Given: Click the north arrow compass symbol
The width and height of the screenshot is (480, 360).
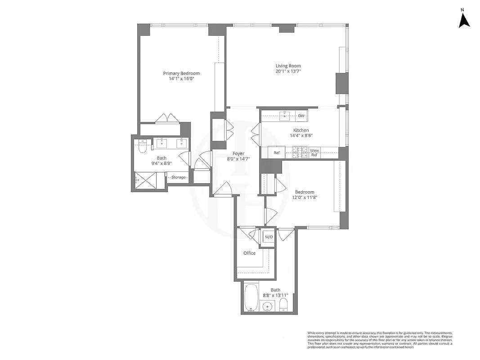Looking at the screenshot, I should click(x=464, y=19).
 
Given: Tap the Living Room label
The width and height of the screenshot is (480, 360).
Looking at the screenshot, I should click(x=288, y=66).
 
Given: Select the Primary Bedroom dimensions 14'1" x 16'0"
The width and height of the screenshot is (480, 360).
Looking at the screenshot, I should click(x=181, y=79).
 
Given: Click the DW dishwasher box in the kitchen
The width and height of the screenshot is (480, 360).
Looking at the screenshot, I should click(x=301, y=116).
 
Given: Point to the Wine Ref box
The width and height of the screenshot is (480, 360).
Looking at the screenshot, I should click(x=314, y=153).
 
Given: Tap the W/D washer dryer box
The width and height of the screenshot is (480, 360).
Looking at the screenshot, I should click(x=269, y=237).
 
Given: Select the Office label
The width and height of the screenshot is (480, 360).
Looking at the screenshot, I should click(x=249, y=253).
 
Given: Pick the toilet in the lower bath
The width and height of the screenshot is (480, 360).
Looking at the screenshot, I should click(x=283, y=307).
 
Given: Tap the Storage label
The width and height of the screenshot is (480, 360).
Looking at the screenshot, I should click(x=178, y=177).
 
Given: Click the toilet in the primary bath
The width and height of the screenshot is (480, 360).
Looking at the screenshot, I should click(x=143, y=147).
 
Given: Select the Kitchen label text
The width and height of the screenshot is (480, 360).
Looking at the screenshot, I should click(x=301, y=130).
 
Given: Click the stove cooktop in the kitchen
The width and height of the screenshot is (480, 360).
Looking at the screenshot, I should click(x=300, y=153).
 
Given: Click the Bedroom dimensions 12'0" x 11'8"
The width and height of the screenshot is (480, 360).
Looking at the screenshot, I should click(x=305, y=197).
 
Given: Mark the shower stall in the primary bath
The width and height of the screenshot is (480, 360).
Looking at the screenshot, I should click(x=146, y=180).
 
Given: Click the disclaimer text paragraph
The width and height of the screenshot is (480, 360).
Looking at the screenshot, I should click(x=380, y=340).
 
